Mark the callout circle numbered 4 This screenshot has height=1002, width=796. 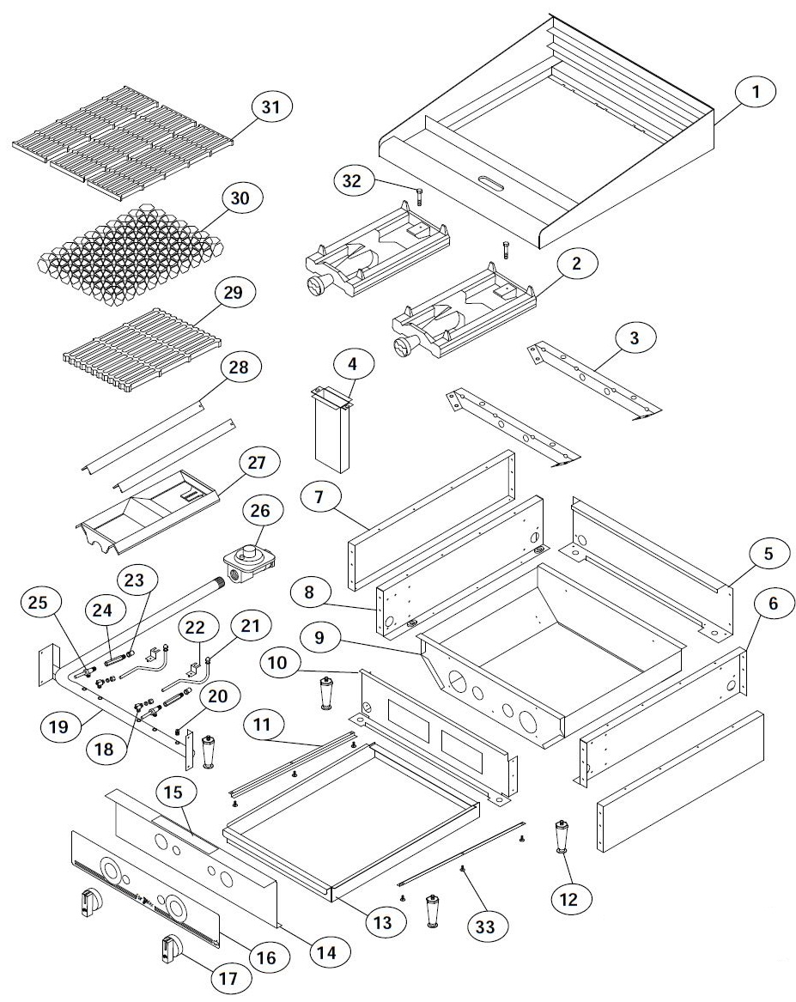point(352,363)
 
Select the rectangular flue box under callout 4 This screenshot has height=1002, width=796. point(333,434)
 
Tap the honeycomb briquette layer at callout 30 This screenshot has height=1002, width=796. point(129,249)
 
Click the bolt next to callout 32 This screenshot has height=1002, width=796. point(419,195)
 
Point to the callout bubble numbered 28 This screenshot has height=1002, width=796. point(240,368)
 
